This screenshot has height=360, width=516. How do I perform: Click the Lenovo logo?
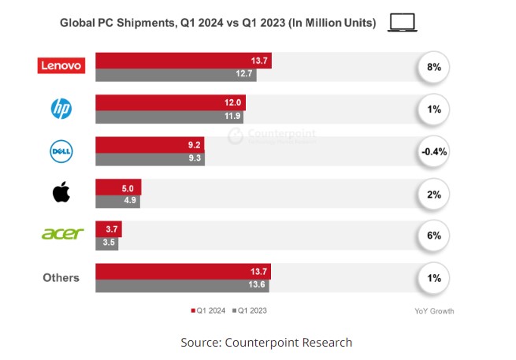[61, 67]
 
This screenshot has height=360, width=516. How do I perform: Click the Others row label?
[61, 277]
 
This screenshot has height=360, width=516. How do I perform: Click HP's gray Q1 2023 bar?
[169, 117]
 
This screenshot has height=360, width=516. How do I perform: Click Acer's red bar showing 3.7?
[108, 229]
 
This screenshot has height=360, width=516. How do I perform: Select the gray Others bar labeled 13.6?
[182, 285]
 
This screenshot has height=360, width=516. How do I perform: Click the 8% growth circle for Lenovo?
[433, 68]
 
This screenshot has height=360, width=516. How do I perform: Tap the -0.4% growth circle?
[433, 151]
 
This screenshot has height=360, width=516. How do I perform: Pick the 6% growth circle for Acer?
[433, 236]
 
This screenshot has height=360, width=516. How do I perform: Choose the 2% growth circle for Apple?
[433, 194]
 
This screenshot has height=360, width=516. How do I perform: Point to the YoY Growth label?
[434, 310]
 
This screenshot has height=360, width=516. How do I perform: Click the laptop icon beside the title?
[403, 24]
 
